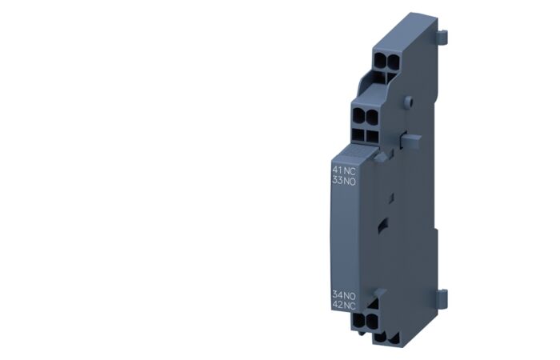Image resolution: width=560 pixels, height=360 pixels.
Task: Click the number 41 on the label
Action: [338, 170]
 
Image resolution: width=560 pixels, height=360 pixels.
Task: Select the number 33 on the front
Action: [338, 180]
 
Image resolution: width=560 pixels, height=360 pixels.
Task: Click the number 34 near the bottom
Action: [338, 296]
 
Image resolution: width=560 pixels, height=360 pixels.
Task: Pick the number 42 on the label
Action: [338, 306]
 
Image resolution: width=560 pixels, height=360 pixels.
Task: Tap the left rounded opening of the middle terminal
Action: [357, 115]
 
